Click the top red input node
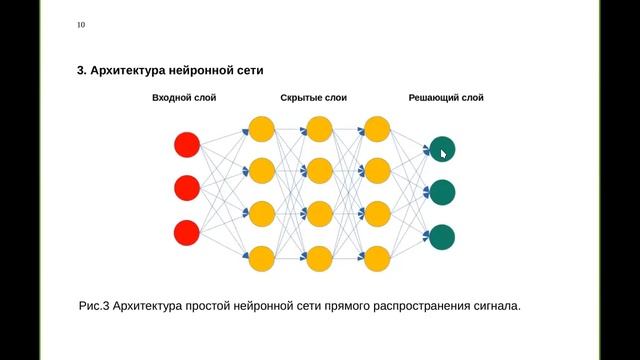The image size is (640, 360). click(187, 145)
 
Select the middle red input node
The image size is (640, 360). click(187, 188)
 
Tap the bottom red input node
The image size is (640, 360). click(187, 232)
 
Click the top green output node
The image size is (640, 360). click(441, 149)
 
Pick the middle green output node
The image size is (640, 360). click(441, 192)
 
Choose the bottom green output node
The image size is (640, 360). click(441, 237)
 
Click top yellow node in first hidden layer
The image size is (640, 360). click(261, 129)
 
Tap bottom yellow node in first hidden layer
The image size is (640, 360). click(261, 259)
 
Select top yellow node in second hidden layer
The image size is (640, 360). click(319, 129)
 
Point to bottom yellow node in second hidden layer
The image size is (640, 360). click(319, 259)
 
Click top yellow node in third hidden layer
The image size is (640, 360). click(377, 129)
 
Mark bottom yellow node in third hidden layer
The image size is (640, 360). click(377, 259)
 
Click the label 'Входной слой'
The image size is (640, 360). click(184, 98)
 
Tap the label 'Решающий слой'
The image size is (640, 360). click(446, 98)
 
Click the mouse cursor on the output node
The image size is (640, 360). click(443, 153)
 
